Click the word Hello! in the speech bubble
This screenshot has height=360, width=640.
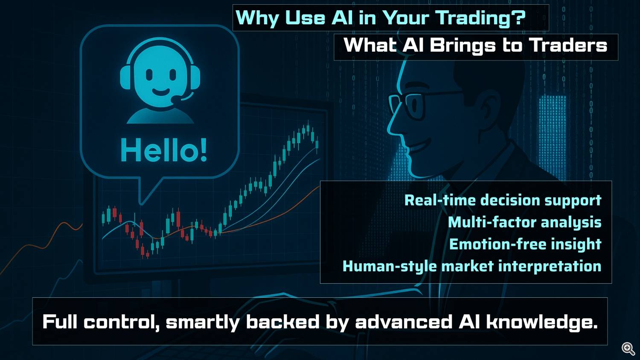pyautogui.click(x=164, y=150)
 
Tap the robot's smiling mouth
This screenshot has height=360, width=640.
pyautogui.click(x=160, y=92)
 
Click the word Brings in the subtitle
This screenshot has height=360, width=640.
pyautogui.click(x=463, y=46)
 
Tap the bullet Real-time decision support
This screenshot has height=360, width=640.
pyautogui.click(x=503, y=200)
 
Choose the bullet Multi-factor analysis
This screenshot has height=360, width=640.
pyautogui.click(x=524, y=222)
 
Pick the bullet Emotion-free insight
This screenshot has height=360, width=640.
pyautogui.click(x=525, y=244)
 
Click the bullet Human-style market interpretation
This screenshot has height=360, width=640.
pyautogui.click(x=472, y=266)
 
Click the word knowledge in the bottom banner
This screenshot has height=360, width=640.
pyautogui.click(x=542, y=322)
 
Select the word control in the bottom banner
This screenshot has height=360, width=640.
pyautogui.click(x=121, y=322)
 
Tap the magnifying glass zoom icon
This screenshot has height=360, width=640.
pyautogui.click(x=628, y=349)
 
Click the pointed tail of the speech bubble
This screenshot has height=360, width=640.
pyautogui.click(x=141, y=203)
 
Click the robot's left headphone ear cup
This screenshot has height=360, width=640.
pyautogui.click(x=125, y=77)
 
